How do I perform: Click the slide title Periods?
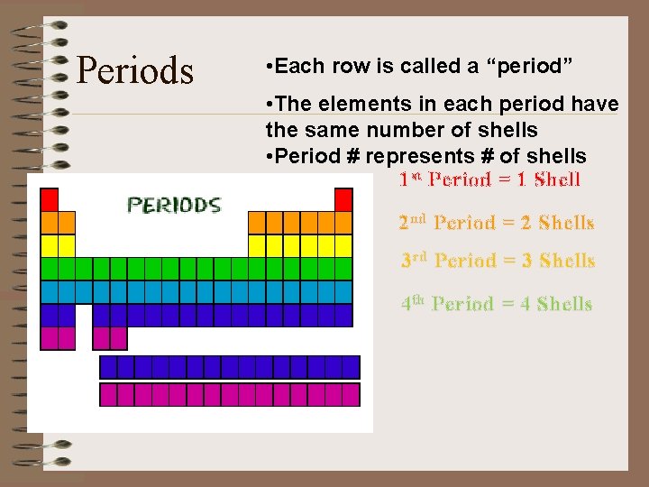coord(135,70)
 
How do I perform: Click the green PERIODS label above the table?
coord(174,205)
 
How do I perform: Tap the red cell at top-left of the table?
coord(50,199)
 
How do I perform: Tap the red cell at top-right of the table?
coord(343,199)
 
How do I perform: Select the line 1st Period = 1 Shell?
coord(489,179)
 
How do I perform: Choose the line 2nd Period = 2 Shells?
coord(496,222)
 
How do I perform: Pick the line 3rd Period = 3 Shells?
coord(498,261)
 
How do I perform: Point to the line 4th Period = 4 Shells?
coord(496,304)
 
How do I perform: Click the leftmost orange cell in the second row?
coord(50,223)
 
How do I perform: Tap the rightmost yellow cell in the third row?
coord(343,245)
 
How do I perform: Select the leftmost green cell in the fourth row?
coord(50,269)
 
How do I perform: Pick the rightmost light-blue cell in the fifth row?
coord(343,291)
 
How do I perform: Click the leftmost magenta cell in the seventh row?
coord(50,338)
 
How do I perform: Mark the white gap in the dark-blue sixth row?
coord(84,315)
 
